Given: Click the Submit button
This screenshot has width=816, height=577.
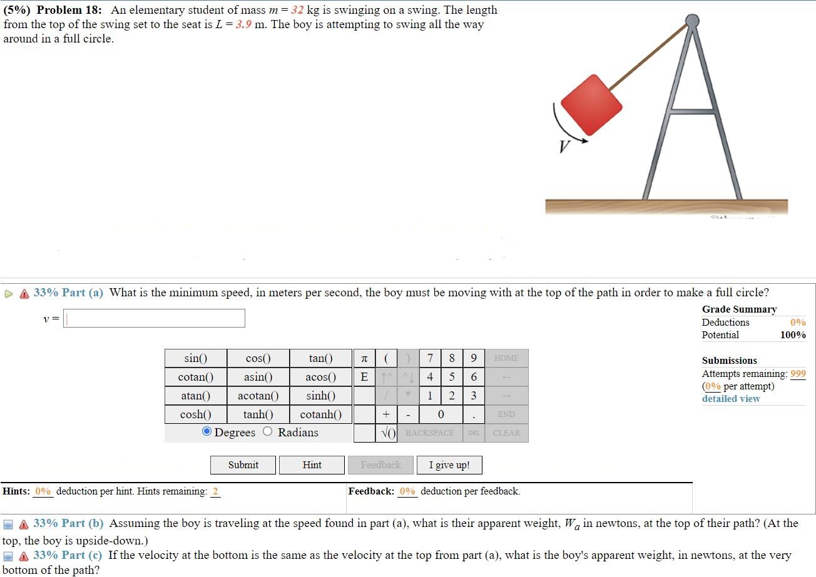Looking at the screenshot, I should pos(243,465).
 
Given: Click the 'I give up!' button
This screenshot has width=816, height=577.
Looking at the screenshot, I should pos(449,465).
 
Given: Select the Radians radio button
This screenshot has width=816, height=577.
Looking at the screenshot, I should pos(268,431).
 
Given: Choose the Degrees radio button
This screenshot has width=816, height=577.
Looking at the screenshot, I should pos(207,431).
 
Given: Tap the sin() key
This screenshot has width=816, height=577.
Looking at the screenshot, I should pos(195,358).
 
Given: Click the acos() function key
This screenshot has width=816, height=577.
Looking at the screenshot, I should pos(320,377).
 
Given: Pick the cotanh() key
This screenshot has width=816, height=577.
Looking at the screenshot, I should pos(320,414).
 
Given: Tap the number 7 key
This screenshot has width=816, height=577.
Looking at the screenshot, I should pos(430,358).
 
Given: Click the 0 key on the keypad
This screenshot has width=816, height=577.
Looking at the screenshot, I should pos(441,414).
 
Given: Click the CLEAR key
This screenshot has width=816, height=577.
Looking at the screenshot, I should pos(506,433).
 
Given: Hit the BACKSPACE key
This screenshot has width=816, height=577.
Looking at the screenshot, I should pos(429,433).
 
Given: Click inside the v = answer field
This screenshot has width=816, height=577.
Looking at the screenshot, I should pos(154,319).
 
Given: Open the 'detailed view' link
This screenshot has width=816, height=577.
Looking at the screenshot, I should pos(730,399).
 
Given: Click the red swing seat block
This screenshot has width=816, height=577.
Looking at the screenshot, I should pos(591,105).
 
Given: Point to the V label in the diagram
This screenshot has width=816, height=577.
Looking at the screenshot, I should pos(565,147).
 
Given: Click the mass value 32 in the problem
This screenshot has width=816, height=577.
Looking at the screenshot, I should pos(298,11).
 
